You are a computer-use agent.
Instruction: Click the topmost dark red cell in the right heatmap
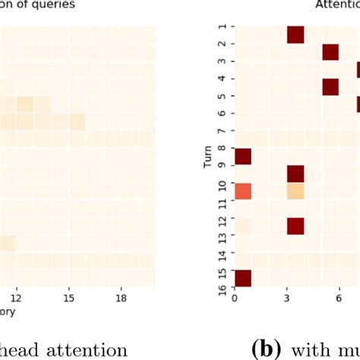[295, 35]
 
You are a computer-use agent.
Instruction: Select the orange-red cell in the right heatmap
[242, 191]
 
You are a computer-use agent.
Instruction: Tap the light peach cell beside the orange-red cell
[295, 191]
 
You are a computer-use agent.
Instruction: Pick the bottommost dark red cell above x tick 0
[242, 278]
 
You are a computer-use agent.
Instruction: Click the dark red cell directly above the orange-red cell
[242, 156]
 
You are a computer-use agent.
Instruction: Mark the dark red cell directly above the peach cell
[295, 174]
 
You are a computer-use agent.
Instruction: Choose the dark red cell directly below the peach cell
[295, 226]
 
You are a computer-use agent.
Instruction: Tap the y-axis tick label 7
[223, 131]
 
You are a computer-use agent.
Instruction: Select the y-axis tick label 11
[223, 201]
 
